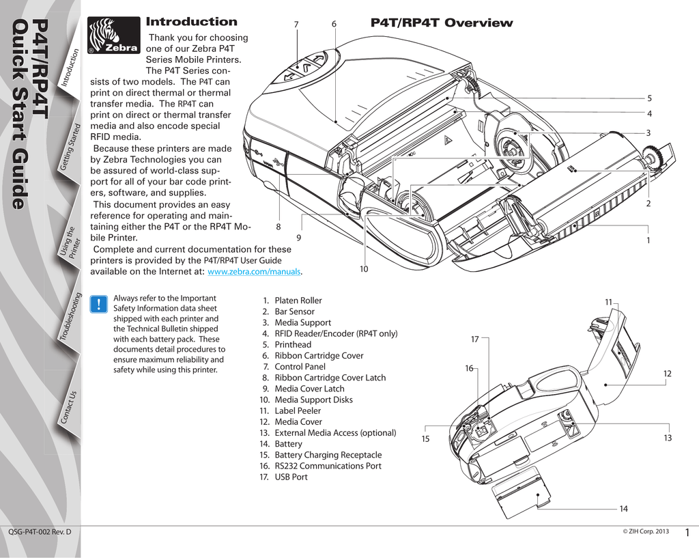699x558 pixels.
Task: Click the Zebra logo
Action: (x=114, y=36)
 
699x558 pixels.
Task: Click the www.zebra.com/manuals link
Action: (x=254, y=272)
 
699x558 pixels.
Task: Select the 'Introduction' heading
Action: (x=192, y=22)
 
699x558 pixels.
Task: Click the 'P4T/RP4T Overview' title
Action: (x=441, y=23)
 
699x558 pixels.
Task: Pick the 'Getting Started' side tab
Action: (x=71, y=147)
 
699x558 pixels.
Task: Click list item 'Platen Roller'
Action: (x=298, y=301)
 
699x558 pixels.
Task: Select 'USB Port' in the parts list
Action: (x=291, y=477)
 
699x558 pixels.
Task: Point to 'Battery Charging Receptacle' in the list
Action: (x=328, y=455)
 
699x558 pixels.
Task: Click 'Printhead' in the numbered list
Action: (x=292, y=345)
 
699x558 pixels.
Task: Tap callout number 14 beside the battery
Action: (x=623, y=509)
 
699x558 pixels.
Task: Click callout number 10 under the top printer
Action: (x=364, y=270)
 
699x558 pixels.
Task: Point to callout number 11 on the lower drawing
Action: (x=608, y=302)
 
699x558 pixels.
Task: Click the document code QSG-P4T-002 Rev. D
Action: (x=40, y=531)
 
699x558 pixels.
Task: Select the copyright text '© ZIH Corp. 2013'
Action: (x=646, y=531)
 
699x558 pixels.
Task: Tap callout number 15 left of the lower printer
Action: (x=425, y=438)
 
